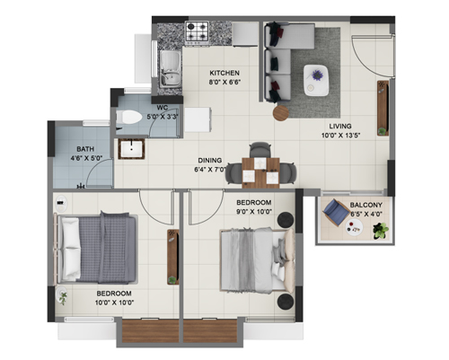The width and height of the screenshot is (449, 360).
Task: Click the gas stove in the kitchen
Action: [197, 31]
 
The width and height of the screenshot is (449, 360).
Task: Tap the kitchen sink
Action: [170, 69]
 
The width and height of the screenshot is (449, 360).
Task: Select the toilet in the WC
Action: [128, 117]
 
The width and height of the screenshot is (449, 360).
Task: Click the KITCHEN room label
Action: [224, 73]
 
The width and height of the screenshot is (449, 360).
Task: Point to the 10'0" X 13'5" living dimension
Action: [340, 136]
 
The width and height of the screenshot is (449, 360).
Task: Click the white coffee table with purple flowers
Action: [316, 81]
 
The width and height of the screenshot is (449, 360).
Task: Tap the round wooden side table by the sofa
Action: [281, 113]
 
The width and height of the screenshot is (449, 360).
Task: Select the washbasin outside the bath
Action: [131, 149]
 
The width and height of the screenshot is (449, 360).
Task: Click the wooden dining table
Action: [260, 173]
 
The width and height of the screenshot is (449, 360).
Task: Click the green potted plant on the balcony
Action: [381, 231]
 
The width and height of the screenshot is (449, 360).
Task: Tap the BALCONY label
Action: [366, 205]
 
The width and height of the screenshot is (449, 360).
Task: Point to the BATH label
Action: [85, 149]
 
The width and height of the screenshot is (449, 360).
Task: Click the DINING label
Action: [210, 161]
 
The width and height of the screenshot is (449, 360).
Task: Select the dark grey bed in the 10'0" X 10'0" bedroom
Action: [96, 248]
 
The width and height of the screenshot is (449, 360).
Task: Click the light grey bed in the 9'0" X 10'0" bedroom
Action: [258, 259]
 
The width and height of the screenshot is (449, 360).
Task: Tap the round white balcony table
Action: [354, 227]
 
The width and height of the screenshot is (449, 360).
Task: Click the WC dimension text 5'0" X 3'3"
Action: [163, 117]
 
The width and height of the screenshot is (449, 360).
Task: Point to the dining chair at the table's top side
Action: [260, 150]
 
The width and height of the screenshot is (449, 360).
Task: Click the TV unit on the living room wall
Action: [383, 108]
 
